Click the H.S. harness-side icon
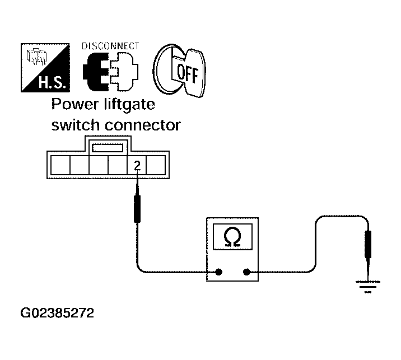point(45,68)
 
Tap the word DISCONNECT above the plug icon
point(110,46)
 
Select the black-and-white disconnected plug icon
point(110,72)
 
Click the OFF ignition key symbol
point(179,71)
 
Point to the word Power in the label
point(75,104)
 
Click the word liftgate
point(130,105)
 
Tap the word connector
point(143,125)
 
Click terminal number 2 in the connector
point(137,165)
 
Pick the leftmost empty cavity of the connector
point(60,165)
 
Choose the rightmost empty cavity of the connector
point(156,165)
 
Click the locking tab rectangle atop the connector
point(108,148)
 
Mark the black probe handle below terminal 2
point(137,209)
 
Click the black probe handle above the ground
point(368,244)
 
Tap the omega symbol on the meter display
point(232,236)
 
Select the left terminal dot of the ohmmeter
point(218,272)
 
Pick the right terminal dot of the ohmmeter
point(246,272)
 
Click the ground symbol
point(368,287)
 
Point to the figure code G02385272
point(57,313)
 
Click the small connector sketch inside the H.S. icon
point(36,56)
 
